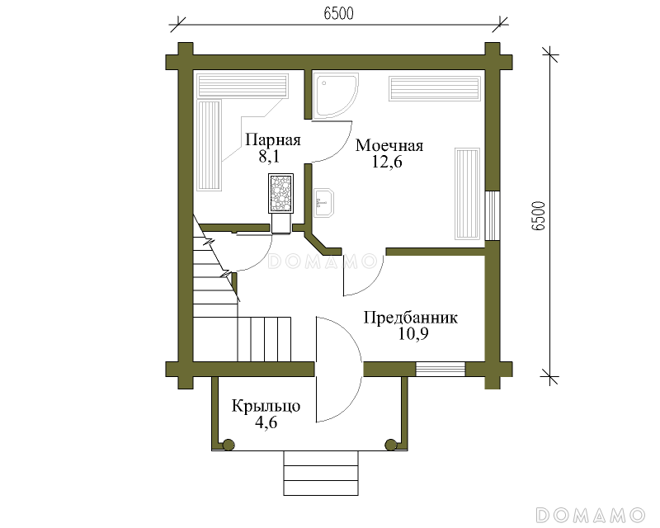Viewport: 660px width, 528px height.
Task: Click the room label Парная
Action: click(273, 139)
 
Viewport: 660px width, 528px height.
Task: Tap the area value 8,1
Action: click(269, 157)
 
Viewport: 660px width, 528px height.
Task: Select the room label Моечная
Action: click(389, 145)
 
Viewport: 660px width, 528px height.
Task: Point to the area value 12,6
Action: click(387, 162)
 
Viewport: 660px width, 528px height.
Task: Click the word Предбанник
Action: click(410, 318)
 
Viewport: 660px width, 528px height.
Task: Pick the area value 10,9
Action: click(413, 334)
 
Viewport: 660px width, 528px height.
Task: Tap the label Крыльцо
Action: click(266, 407)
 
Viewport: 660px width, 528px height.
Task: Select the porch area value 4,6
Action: click(266, 422)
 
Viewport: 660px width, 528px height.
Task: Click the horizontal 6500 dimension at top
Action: click(339, 13)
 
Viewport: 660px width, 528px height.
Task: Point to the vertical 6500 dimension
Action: click(539, 215)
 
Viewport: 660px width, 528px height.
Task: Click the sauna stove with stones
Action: click(280, 193)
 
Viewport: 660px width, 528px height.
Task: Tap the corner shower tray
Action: click(337, 96)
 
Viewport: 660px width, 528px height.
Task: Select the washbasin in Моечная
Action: click(323, 203)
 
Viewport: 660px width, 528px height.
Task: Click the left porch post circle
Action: click(229, 445)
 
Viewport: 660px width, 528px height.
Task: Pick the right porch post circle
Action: click(391, 445)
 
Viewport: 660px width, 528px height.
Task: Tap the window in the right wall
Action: click(492, 215)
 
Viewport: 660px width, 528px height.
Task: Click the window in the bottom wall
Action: click(441, 369)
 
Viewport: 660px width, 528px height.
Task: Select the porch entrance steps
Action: click(321, 473)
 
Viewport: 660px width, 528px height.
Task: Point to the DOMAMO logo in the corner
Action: click(591, 515)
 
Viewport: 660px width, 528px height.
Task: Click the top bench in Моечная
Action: click(435, 88)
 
